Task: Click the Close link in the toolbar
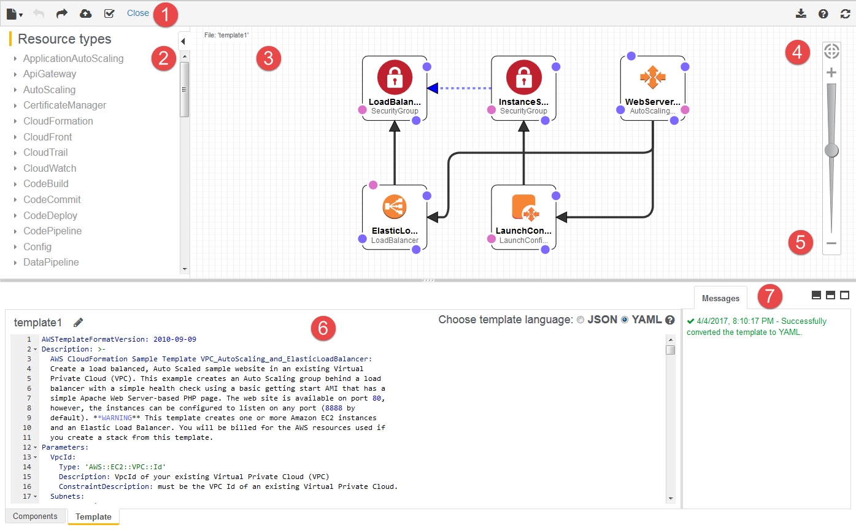(138, 13)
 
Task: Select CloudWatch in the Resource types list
(50, 168)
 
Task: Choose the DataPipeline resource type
(51, 262)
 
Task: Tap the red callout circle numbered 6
(323, 329)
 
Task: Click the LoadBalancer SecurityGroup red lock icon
(395, 78)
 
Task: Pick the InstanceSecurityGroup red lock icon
(523, 78)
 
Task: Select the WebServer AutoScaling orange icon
(652, 77)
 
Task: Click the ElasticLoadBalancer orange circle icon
(395, 207)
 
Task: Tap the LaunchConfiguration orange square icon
(523, 207)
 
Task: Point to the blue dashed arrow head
(433, 88)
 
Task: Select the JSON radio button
(580, 320)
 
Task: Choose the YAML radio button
(625, 320)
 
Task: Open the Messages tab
(720, 298)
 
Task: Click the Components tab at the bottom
(35, 516)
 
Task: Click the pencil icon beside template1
(78, 322)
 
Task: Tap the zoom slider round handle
(831, 150)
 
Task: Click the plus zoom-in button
(831, 72)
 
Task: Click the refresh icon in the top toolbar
(846, 13)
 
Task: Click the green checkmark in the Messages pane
(691, 321)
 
